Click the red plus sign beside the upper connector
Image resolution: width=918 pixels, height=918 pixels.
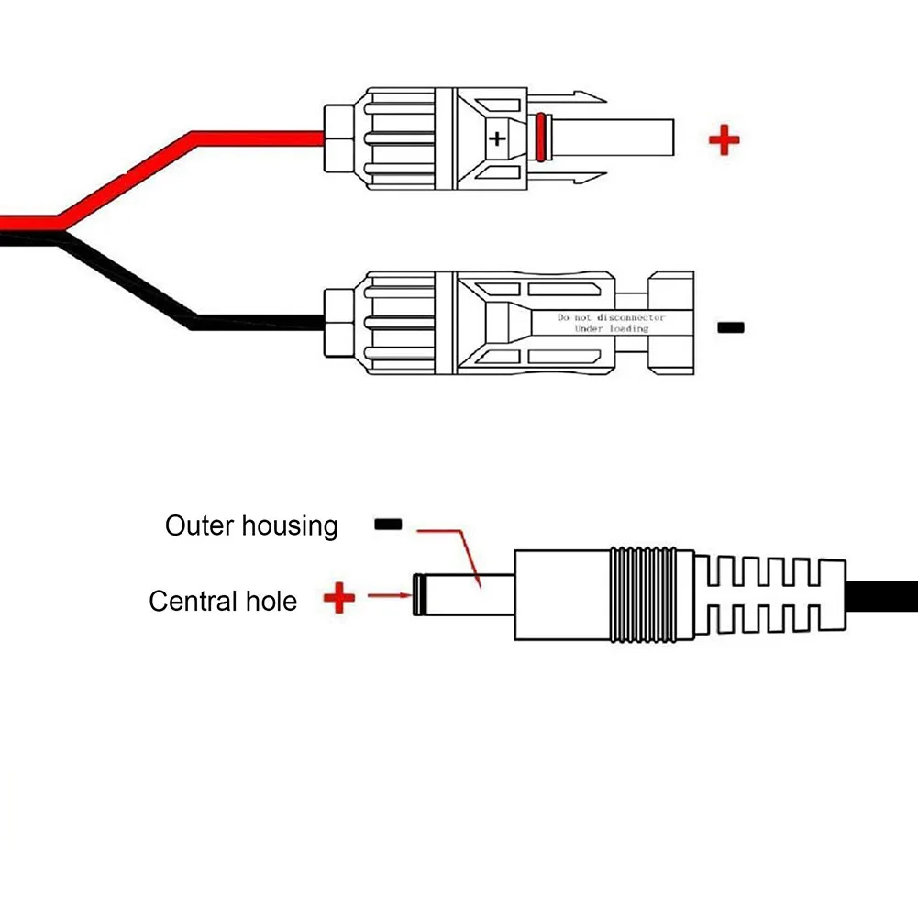[x=724, y=140]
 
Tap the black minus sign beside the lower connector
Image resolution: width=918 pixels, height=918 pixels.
[x=731, y=327]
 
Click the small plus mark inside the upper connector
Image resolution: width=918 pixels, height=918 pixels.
[x=497, y=138]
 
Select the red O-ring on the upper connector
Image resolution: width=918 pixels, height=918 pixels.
[x=541, y=137]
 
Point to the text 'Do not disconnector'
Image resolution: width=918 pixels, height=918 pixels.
[x=611, y=317]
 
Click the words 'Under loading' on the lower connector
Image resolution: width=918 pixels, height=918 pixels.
[x=611, y=329]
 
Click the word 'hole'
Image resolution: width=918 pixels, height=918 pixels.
[x=271, y=601]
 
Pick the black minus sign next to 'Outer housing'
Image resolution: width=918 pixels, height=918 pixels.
[x=388, y=524]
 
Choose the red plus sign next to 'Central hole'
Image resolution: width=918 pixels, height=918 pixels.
[x=339, y=597]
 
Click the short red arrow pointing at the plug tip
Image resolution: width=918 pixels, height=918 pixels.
[x=390, y=595]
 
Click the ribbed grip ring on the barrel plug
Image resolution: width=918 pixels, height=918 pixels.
[x=644, y=595]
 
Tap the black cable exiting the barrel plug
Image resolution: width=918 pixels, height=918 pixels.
[x=881, y=596]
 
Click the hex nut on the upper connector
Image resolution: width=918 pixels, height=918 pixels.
[x=339, y=138]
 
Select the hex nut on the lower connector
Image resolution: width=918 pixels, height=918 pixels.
[x=339, y=323]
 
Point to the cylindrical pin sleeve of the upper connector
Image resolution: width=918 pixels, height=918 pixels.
[x=612, y=138]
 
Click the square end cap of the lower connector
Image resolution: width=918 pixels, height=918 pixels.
[x=671, y=323]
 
